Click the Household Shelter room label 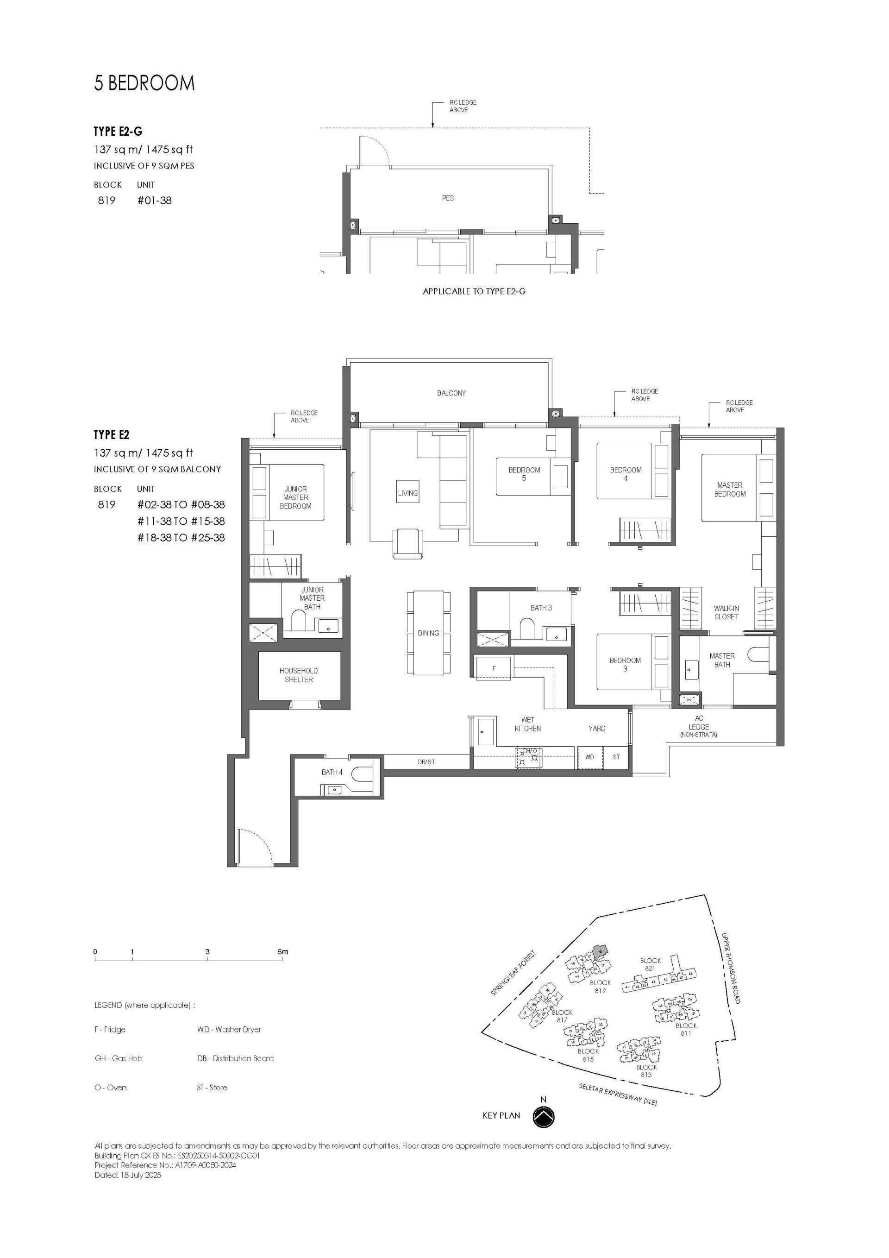[299, 674]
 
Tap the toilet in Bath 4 [362, 773]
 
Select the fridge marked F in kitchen [494, 668]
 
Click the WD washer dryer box [589, 757]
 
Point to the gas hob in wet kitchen [529, 758]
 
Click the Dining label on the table [428, 633]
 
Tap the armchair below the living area [407, 542]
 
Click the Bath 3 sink [557, 634]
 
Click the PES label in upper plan [448, 198]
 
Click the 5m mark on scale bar [282, 952]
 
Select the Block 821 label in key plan [650, 964]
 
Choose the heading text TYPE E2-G [118, 132]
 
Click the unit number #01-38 [155, 201]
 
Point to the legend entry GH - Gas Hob [119, 1058]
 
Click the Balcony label [451, 393]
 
